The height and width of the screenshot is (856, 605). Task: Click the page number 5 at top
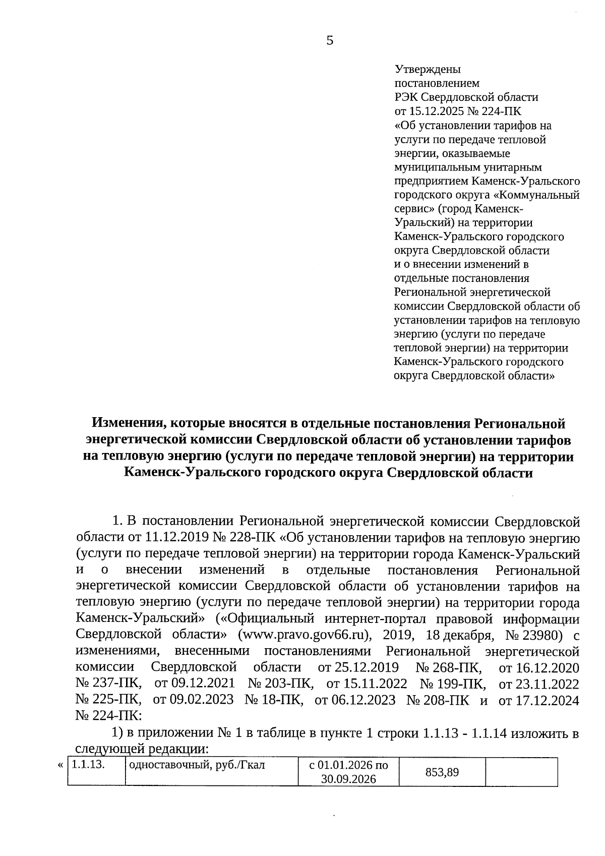(x=330, y=41)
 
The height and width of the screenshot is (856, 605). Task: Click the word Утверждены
(x=428, y=69)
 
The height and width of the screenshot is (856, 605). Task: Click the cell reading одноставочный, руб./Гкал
(x=197, y=765)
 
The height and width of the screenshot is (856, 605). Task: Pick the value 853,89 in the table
(x=442, y=772)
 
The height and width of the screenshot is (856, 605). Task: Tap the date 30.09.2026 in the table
(x=348, y=779)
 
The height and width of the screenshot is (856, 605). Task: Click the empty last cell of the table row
(x=521, y=772)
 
